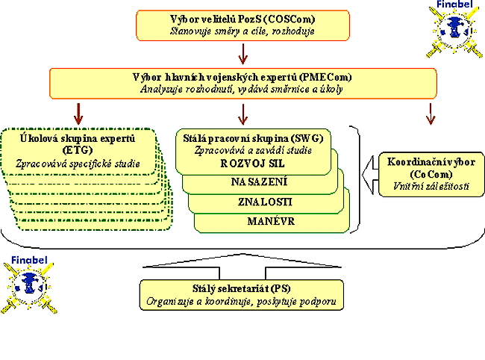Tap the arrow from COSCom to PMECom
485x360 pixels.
click(242, 54)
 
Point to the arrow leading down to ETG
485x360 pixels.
click(77, 113)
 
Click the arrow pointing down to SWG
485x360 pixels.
click(242, 113)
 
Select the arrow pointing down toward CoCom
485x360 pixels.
click(430, 113)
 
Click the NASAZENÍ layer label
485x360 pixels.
click(259, 182)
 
